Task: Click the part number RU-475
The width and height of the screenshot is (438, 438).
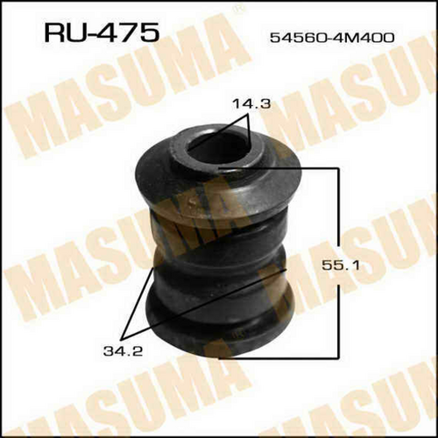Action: click(102, 33)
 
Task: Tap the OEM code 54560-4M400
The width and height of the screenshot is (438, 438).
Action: click(332, 38)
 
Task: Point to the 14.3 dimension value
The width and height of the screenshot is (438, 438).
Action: click(251, 104)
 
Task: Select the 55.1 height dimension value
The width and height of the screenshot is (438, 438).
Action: click(340, 265)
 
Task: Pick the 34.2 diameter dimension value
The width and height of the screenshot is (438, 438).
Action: click(123, 351)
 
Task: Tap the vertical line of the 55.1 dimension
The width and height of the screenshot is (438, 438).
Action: click(338, 263)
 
